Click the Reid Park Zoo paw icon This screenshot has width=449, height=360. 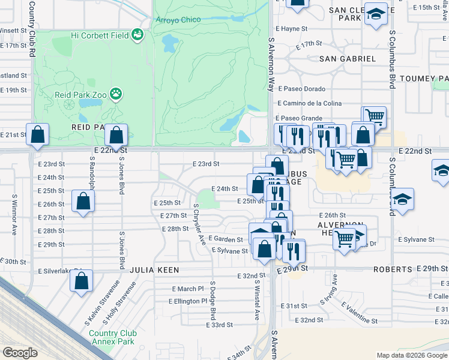pos(115,94)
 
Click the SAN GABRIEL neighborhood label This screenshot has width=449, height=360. pos(348,59)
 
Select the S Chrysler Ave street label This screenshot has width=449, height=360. pos(199,224)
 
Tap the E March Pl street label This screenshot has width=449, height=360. pos(188,289)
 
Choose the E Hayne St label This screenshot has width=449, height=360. pos(291,28)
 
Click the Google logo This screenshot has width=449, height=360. pos(20,353)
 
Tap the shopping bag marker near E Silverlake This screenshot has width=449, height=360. pos(82,280)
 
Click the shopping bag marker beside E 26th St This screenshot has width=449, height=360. pos(83,202)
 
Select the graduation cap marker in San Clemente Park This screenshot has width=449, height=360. pos(376,16)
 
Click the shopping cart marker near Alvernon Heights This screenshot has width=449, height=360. pos(345,240)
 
